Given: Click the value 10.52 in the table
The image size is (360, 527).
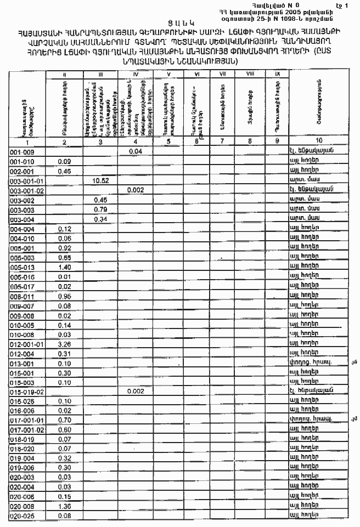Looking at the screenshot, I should click(100, 180).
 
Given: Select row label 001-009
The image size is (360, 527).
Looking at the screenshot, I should click(22, 151).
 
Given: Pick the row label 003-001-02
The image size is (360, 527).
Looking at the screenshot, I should click(26, 190).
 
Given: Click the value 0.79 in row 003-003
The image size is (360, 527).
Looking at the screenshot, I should click(100, 209).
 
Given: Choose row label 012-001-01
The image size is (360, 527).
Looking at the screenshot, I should click(26, 344).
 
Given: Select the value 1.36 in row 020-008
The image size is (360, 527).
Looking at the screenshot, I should click(65, 506).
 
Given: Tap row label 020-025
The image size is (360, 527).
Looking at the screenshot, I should click(22, 516).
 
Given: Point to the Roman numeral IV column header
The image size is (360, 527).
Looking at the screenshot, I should click(136, 73).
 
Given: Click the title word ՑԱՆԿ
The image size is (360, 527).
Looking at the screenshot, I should click(181, 23).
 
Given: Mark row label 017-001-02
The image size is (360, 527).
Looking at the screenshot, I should click(26, 429).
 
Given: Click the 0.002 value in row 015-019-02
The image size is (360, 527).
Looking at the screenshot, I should click(135, 391).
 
